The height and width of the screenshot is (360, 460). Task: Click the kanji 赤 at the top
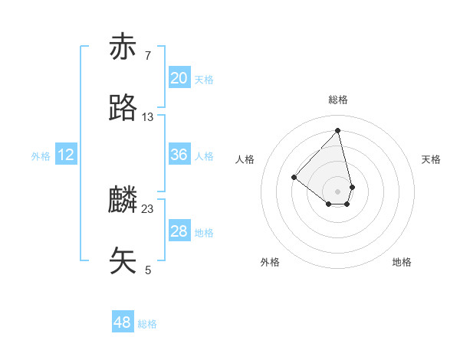pos(123,47)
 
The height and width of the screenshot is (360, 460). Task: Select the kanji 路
pos(123,108)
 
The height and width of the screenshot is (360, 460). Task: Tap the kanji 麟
pos(123,201)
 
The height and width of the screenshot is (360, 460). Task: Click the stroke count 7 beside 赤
pos(147,55)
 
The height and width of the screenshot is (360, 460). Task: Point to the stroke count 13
pos(148,116)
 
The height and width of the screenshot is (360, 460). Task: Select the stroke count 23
pos(148,208)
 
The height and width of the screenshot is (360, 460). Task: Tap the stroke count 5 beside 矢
pos(147,269)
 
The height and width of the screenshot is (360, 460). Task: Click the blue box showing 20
pos(179,78)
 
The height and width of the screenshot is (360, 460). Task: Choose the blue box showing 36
pos(179,155)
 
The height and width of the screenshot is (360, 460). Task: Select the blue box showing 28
pos(179,231)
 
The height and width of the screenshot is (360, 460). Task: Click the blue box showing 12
pos(66,155)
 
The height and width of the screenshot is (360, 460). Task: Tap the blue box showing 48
pos(122,322)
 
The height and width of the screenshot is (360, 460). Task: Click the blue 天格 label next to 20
pos(204,80)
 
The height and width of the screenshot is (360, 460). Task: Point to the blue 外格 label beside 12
pos(41,156)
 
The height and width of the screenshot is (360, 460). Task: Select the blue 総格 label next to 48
pos(147,324)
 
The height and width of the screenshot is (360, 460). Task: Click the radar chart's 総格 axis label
pos(338,100)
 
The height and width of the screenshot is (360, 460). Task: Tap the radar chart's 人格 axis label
pos(245,159)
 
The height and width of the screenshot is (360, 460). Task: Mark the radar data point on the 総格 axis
pos(338,130)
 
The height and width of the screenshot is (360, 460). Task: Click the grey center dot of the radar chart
pos(338,191)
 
